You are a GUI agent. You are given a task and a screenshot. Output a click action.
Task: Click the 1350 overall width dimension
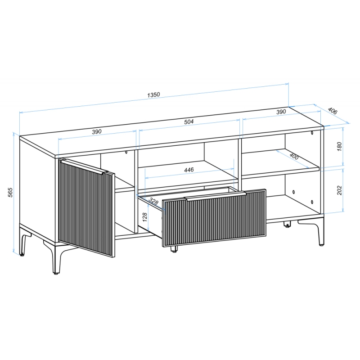point(153,95)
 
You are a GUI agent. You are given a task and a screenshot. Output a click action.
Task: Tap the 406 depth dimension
point(333,111)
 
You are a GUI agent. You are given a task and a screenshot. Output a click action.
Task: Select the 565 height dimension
point(10,192)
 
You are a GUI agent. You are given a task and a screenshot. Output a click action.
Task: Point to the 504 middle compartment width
point(189,121)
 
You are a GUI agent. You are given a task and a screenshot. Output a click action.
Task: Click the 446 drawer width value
point(189,170)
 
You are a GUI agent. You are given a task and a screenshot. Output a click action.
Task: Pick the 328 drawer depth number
point(153,201)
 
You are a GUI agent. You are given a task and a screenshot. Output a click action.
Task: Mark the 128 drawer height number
point(144,217)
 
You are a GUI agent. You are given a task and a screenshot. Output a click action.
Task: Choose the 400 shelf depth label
point(294,156)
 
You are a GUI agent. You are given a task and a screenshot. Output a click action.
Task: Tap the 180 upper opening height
point(339,147)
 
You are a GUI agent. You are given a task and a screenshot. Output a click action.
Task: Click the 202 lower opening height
point(339,190)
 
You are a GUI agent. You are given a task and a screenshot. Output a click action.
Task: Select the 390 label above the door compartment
point(97,132)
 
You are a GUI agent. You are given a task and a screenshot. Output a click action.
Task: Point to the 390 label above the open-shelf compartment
point(281,112)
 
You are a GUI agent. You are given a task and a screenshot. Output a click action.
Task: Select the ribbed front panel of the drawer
point(214,218)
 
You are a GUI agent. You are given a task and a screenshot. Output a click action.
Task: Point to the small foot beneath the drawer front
point(174,249)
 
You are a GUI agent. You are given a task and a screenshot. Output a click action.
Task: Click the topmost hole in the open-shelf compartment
point(312,133)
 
